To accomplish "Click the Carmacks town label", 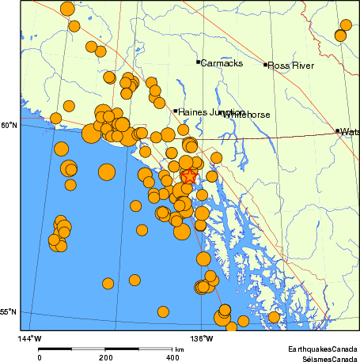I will coord(222,62).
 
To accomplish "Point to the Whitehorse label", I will coord(246,115).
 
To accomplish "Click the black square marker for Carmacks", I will coord(198,62).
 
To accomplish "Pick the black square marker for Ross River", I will coord(265,65).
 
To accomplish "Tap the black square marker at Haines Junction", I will coord(175,111).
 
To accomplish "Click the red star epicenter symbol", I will coord(188,177).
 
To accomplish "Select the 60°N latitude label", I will coord(7,125).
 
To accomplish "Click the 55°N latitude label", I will coord(7,312).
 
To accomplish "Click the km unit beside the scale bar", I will coord(180,349).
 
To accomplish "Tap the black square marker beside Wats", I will coord(338,131).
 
